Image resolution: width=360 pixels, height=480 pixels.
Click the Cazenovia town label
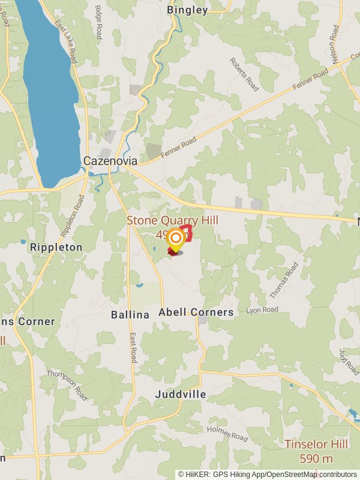110,161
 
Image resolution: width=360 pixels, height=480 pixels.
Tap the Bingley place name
187,10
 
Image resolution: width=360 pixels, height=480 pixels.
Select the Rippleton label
56,247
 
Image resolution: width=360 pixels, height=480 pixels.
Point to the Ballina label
130,314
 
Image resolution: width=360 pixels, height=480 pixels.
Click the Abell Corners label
196,313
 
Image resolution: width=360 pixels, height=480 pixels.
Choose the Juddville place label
180,394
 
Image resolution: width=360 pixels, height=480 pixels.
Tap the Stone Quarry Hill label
172,221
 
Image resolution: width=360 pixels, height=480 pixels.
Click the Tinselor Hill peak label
316,445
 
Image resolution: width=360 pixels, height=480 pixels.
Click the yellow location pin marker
175,241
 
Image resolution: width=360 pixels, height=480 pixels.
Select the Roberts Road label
244,74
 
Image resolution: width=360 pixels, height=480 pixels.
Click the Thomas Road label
283,280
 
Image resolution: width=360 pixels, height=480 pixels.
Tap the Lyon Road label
262,310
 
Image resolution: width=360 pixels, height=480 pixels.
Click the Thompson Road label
67,385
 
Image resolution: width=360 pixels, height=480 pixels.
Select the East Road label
133,348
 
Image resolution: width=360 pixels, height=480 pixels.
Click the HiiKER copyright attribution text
268,474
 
